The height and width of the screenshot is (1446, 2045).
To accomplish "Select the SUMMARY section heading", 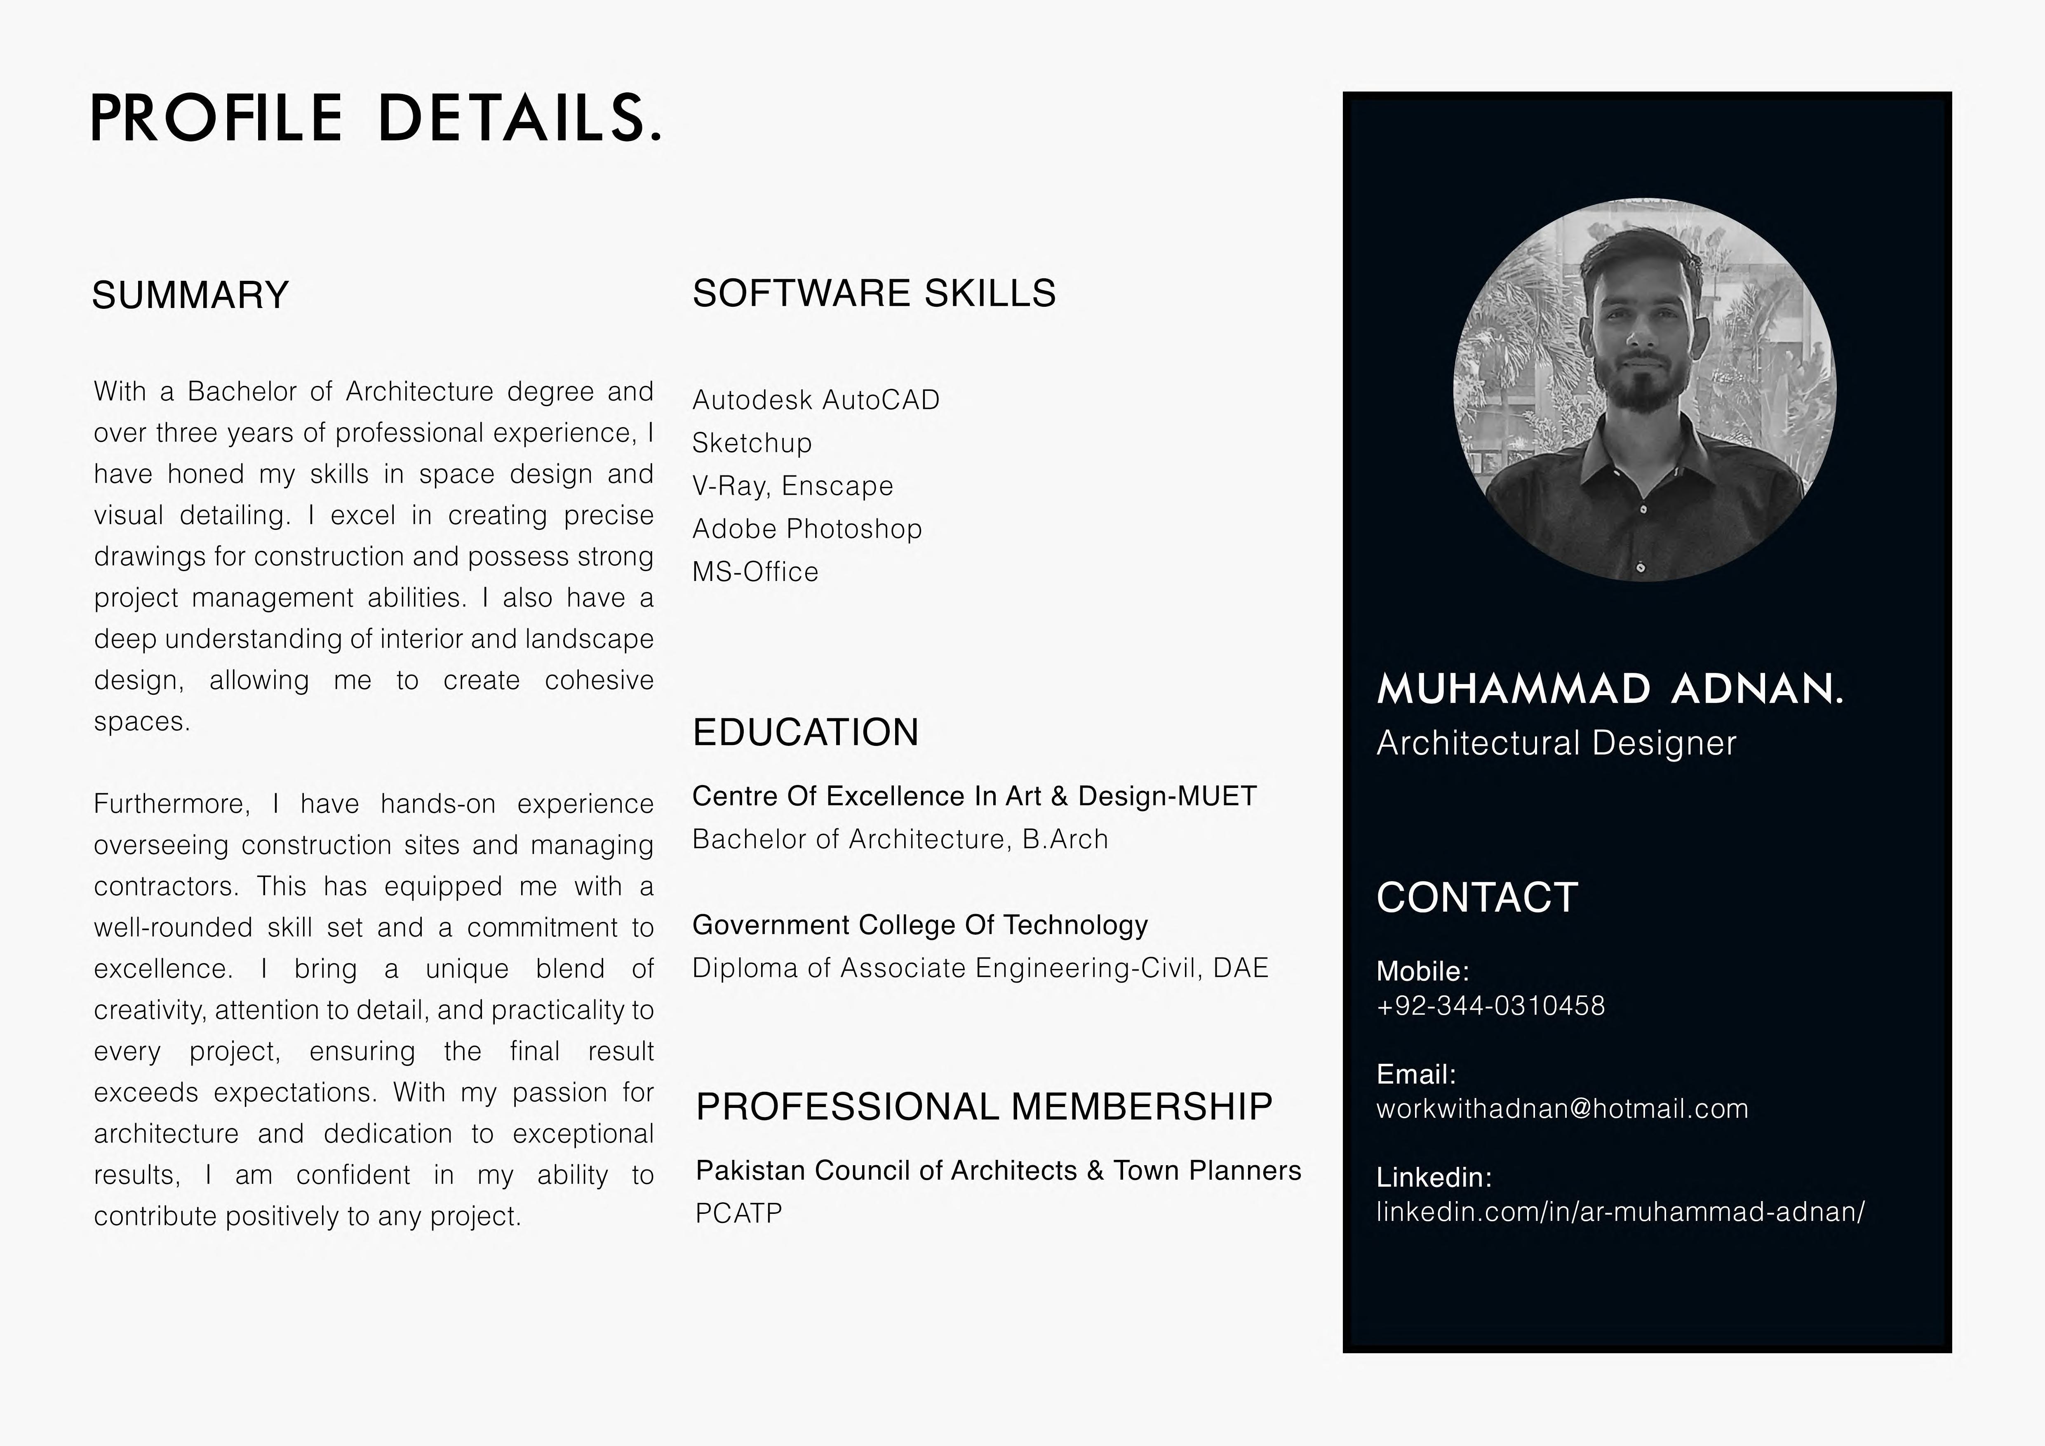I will (x=190, y=295).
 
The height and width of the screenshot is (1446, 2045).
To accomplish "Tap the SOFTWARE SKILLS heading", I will (x=874, y=293).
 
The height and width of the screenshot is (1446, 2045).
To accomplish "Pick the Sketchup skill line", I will (x=752, y=443).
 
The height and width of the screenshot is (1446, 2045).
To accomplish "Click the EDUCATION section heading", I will (x=805, y=732).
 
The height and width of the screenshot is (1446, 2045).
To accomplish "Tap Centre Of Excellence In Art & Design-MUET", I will (x=973, y=796).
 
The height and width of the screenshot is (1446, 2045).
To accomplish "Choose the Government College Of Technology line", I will (x=920, y=925).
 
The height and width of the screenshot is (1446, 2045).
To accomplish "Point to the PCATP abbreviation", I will (x=738, y=1213).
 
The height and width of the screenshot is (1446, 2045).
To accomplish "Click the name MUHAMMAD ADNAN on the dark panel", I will (x=1610, y=689).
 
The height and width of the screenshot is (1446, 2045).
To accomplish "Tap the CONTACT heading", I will (x=1477, y=897).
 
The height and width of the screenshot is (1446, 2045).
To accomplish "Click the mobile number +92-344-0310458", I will (x=1490, y=1006).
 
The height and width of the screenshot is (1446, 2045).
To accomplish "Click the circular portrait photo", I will (x=1644, y=389).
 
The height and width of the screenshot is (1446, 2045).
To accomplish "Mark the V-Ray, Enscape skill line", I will (x=792, y=486).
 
